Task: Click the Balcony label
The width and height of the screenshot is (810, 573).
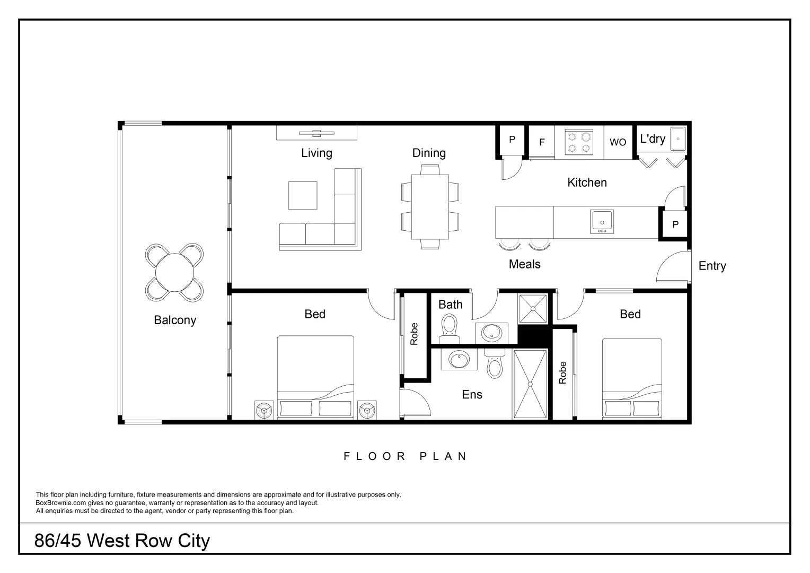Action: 175,320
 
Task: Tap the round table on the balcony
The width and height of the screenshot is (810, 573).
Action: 174,273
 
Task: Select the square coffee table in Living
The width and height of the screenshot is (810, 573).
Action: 303,195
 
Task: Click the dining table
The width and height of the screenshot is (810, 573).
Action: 430,206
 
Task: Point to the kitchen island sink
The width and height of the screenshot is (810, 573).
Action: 602,221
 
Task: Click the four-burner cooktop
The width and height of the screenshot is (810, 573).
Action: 579,142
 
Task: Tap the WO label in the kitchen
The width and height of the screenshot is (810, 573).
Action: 618,142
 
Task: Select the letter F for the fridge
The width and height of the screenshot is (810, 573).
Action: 542,142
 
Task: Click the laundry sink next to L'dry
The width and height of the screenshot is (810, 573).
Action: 677,138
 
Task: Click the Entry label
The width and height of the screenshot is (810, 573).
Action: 712,266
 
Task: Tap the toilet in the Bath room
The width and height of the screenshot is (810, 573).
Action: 450,327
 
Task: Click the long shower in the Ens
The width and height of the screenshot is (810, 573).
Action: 530,384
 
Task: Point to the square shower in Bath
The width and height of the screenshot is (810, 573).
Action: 532,309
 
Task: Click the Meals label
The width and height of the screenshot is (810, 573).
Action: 524,264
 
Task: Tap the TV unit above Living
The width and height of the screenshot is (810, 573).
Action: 316,133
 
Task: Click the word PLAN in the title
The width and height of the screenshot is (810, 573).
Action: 443,456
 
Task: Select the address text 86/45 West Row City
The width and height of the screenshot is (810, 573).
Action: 122,541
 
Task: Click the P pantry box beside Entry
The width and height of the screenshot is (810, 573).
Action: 675,224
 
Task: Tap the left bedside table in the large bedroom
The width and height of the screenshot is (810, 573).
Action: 263,410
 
